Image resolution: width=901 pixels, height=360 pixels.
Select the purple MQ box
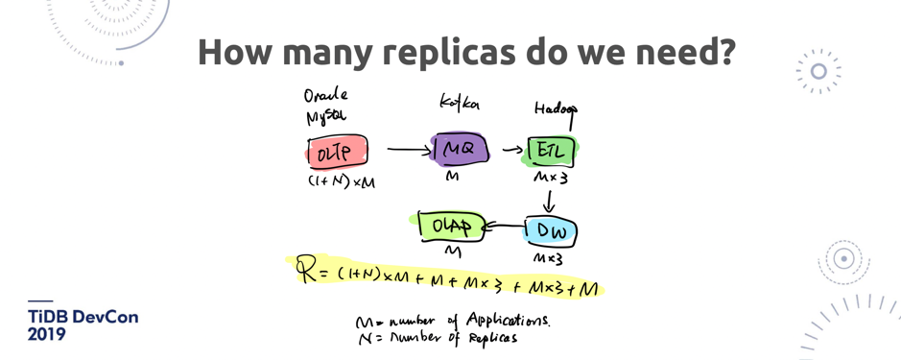coord(460,150)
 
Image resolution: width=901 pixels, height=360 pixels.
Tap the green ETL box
coord(551,151)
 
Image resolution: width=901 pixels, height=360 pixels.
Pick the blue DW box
coord(551,230)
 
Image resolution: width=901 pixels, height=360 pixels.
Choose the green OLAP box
coord(450,227)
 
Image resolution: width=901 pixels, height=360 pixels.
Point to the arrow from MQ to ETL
coord(512,150)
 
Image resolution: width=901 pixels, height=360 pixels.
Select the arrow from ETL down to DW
coord(549,201)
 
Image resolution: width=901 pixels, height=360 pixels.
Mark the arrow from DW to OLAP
coord(502,228)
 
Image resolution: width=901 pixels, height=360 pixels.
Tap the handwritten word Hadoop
coord(556,109)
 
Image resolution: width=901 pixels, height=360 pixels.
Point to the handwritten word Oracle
coord(325,96)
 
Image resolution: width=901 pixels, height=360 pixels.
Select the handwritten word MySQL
coord(326,116)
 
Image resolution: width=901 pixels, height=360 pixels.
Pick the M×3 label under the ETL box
coord(551,179)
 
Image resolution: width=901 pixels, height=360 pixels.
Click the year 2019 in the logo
coord(47,335)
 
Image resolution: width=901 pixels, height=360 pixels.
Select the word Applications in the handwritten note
coord(508,321)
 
